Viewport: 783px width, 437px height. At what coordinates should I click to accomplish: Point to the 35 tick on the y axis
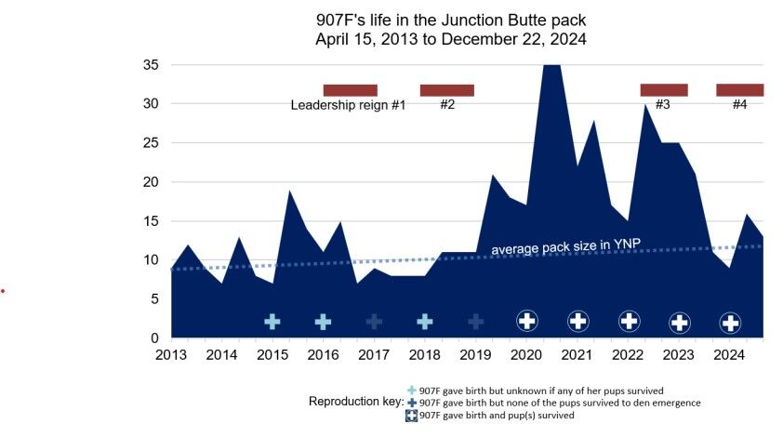150,65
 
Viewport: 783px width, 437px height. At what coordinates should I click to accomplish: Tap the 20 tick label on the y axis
150,182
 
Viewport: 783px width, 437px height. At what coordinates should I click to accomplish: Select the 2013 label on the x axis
170,355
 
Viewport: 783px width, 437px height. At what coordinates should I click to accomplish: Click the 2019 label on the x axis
475,355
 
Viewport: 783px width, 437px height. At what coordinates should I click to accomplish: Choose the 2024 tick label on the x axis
730,355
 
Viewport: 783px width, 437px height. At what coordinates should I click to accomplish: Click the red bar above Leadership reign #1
350,90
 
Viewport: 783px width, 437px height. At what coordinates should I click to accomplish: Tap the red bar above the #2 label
446,90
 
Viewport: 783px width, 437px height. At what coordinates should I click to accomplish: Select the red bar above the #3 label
663,90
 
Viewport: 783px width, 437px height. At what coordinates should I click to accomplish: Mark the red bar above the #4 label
739,90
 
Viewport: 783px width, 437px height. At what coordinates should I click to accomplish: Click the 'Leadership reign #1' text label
348,105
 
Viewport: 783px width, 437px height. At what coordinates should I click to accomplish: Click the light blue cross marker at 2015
272,322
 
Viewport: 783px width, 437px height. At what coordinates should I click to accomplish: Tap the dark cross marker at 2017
374,322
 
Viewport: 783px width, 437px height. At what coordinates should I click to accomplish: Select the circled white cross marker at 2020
526,322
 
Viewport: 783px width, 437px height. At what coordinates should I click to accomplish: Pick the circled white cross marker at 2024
730,323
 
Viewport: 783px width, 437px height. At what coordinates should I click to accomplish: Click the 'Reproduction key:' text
355,403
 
